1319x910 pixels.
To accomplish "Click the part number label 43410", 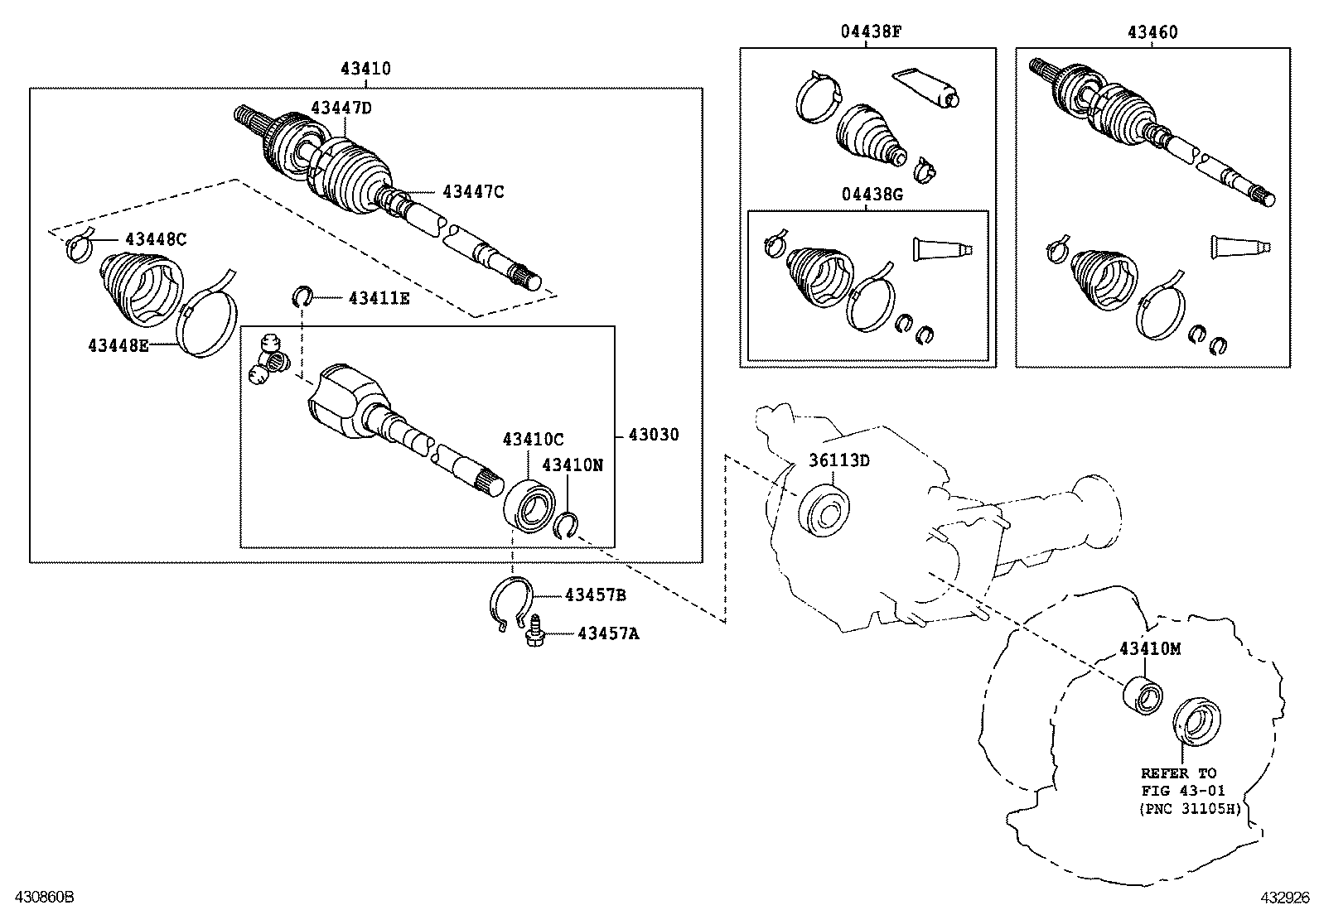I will click(365, 70).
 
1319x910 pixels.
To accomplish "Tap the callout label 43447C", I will click(473, 192).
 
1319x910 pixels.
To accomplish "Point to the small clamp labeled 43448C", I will click(80, 247).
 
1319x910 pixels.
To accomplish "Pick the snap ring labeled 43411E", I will click(302, 296).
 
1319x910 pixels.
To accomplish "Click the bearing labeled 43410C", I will click(530, 503).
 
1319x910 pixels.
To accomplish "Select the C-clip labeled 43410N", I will click(568, 525).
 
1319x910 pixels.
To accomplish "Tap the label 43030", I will click(653, 435).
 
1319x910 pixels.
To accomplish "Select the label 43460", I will click(1152, 32).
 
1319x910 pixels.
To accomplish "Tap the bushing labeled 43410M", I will click(1142, 695).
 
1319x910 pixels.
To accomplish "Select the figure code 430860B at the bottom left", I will click(38, 897).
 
